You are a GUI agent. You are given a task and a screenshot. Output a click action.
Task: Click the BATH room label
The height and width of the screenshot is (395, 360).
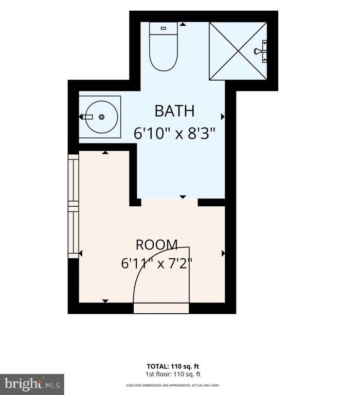tap(174, 111)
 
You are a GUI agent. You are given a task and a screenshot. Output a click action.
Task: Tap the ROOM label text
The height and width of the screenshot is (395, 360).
tap(157, 245)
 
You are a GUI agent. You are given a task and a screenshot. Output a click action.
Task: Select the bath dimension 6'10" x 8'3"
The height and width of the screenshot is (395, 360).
tap(174, 133)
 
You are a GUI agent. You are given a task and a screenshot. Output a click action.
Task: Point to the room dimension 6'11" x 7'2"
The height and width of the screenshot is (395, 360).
tap(157, 264)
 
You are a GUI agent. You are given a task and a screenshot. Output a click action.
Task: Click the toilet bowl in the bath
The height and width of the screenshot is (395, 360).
tap(164, 52)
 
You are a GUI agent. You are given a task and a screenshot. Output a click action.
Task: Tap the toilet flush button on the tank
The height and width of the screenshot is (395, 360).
tap(164, 28)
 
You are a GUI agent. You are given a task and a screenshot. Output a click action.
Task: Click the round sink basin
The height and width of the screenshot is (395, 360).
tap(101, 117)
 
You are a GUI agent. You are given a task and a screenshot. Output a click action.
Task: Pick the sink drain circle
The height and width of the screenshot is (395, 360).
tap(101, 117)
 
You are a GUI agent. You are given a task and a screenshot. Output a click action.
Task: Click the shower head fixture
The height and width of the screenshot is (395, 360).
tap(260, 51)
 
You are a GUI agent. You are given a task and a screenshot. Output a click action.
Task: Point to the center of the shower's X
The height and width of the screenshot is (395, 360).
tap(238, 51)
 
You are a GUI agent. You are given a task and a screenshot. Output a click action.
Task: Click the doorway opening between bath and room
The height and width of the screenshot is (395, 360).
tap(169, 203)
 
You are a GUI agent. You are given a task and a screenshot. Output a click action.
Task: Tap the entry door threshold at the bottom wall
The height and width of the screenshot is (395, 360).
tap(161, 309)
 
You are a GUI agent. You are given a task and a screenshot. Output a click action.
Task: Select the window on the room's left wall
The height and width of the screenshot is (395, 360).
tap(74, 206)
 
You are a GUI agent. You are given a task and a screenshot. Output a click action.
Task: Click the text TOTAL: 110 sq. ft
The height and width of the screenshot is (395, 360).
tap(173, 366)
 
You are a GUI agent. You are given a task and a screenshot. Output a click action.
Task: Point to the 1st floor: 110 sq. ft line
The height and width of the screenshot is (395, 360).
tap(173, 374)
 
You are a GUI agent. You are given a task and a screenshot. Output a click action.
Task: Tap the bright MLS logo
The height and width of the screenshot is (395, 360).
tap(32, 384)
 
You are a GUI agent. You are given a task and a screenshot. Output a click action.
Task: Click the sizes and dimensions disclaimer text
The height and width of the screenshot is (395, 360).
tap(173, 385)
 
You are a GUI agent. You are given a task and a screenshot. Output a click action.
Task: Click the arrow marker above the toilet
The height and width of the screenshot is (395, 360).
tap(183, 24)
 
